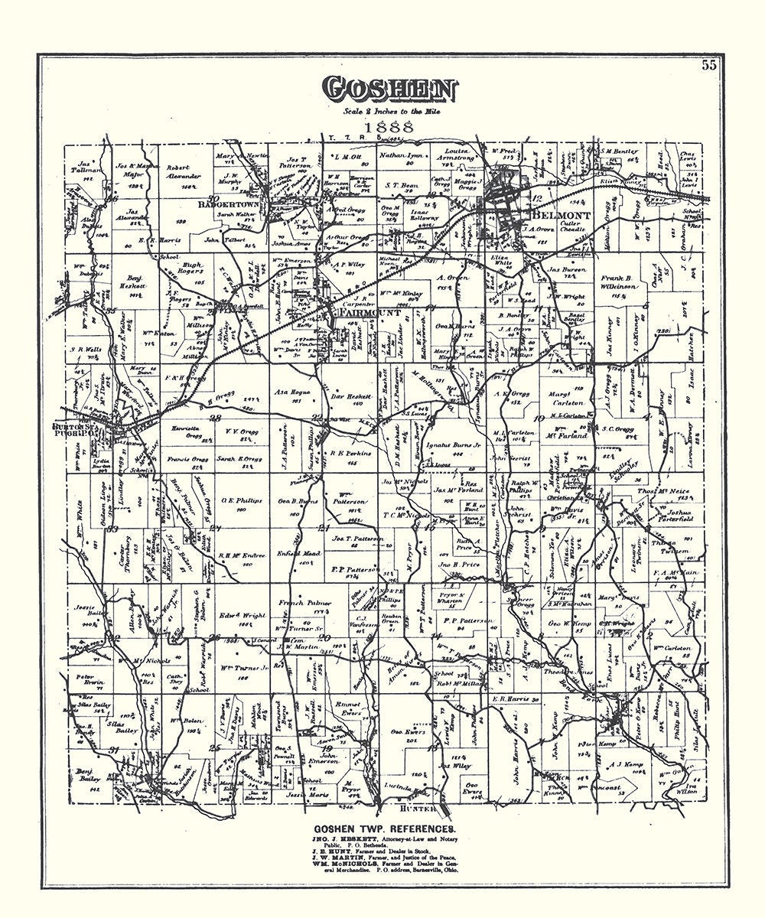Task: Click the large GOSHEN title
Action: coord(389,90)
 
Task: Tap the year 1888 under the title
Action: coord(389,129)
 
